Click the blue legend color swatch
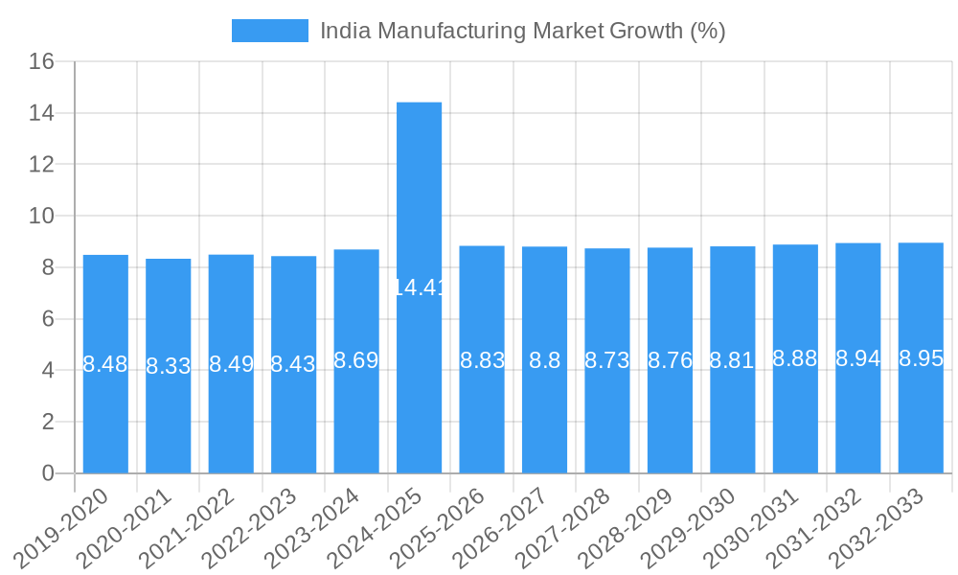click(269, 31)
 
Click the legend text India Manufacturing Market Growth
click(522, 31)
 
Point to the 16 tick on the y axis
click(41, 62)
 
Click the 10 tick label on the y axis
click(41, 217)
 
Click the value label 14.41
click(419, 287)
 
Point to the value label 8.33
click(168, 366)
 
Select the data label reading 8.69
click(356, 361)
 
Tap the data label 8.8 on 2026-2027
click(544, 361)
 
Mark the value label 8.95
click(921, 359)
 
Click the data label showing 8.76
click(670, 361)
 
